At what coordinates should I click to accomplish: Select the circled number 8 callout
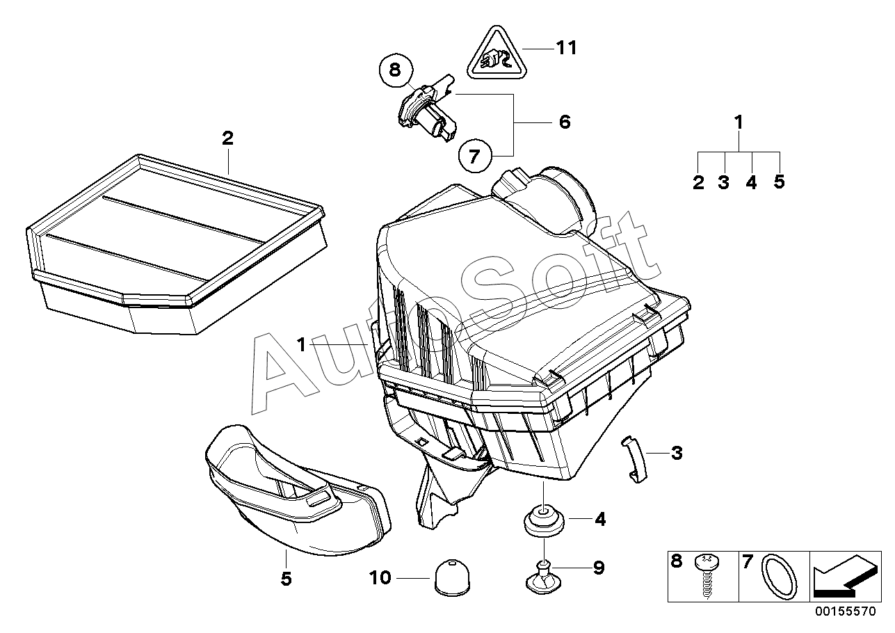394,69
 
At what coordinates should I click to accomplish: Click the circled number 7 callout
474,157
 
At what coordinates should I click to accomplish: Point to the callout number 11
567,48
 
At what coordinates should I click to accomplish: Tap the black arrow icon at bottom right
844,576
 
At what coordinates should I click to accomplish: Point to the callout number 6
564,122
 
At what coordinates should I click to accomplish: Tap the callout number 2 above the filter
227,138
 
